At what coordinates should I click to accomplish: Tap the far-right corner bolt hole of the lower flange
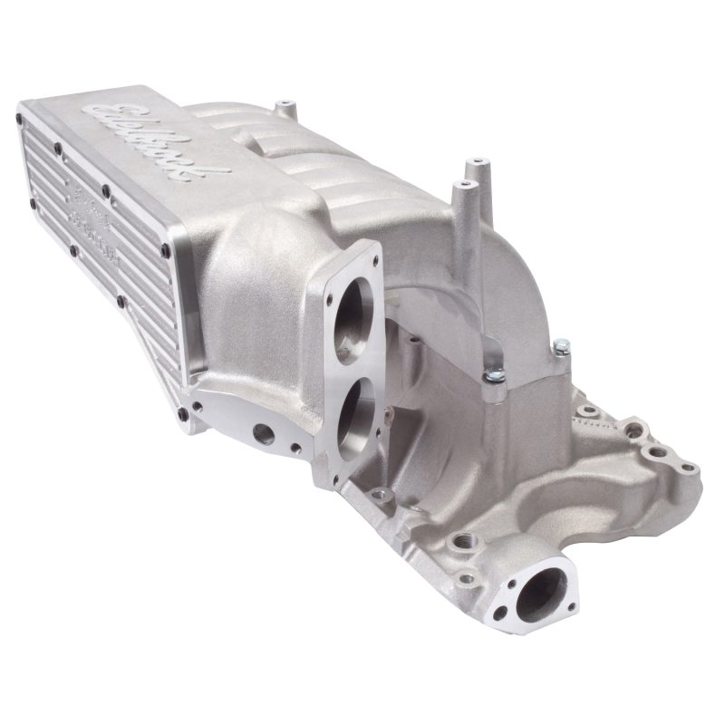click(x=689, y=469)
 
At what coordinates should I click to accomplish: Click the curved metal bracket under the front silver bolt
click(x=497, y=390)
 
